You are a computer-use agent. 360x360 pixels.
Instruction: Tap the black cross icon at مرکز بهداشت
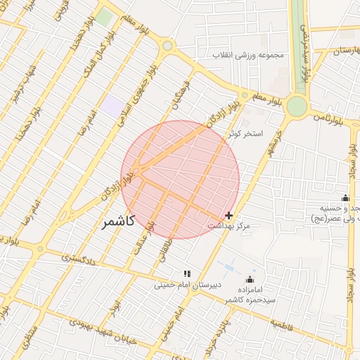pyautogui.click(x=229, y=215)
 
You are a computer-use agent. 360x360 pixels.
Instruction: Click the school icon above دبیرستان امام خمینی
pyautogui.click(x=187, y=273)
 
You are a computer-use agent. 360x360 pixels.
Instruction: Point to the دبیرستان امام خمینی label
pyautogui.click(x=188, y=285)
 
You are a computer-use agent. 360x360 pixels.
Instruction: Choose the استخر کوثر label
pyautogui.click(x=245, y=133)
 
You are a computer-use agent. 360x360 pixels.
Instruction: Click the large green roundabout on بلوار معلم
pyautogui.click(x=297, y=106)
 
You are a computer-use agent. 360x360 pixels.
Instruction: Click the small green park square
pyautogui.click(x=104, y=18)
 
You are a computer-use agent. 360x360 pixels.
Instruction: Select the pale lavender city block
pyautogui.click(x=112, y=107)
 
